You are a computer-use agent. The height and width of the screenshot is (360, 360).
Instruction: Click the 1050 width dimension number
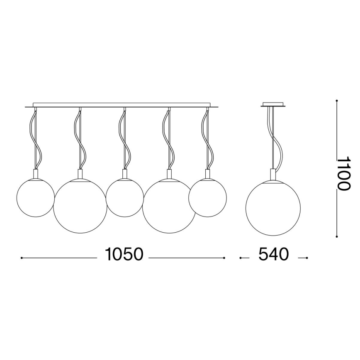tap(124, 254)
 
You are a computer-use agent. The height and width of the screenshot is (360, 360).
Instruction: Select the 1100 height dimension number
tap(343, 173)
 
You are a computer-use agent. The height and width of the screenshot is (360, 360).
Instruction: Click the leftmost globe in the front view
tap(35, 197)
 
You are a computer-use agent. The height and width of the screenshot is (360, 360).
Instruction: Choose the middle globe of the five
tap(124, 198)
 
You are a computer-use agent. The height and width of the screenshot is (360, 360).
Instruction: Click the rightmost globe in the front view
tap(207, 197)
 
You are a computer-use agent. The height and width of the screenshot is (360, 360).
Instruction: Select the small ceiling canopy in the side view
tap(273, 104)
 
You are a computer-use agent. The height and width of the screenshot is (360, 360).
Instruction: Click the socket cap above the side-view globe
tap(273, 174)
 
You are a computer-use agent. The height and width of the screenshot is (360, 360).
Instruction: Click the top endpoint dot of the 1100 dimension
tap(337, 100)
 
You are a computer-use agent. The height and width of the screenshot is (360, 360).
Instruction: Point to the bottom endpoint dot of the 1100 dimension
tap(337, 238)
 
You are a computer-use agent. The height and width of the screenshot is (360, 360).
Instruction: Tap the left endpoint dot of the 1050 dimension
tap(22, 258)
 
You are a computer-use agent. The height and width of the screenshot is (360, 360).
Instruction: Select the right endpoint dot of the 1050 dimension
tap(224, 258)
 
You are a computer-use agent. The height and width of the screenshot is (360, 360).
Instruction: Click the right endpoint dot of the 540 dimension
tap(307, 258)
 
